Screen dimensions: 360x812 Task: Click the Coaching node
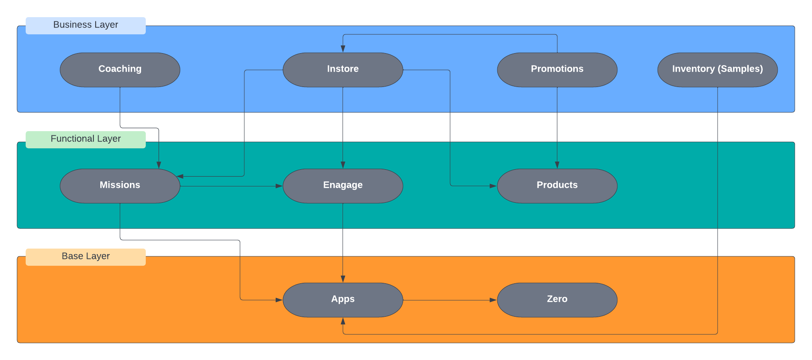120,69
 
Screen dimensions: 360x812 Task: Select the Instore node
343,69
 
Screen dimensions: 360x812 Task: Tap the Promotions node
557,69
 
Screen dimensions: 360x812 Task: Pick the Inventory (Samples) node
717,69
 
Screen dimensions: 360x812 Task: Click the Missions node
120,186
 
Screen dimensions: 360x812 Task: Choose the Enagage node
343,186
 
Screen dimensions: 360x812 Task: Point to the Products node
557,186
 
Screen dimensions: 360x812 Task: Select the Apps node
343,300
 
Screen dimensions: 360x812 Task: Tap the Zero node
557,300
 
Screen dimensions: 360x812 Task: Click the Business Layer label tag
86,25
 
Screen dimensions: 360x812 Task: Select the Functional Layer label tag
86,139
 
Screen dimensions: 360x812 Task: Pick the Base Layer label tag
86,257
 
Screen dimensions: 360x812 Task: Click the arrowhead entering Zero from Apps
493,300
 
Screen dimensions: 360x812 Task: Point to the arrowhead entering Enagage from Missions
279,186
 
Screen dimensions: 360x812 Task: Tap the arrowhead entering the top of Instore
343,49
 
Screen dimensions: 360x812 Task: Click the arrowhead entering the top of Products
557,165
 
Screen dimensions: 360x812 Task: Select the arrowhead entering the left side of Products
493,186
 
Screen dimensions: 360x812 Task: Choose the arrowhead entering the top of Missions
159,165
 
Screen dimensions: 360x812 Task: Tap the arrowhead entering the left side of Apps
279,300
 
